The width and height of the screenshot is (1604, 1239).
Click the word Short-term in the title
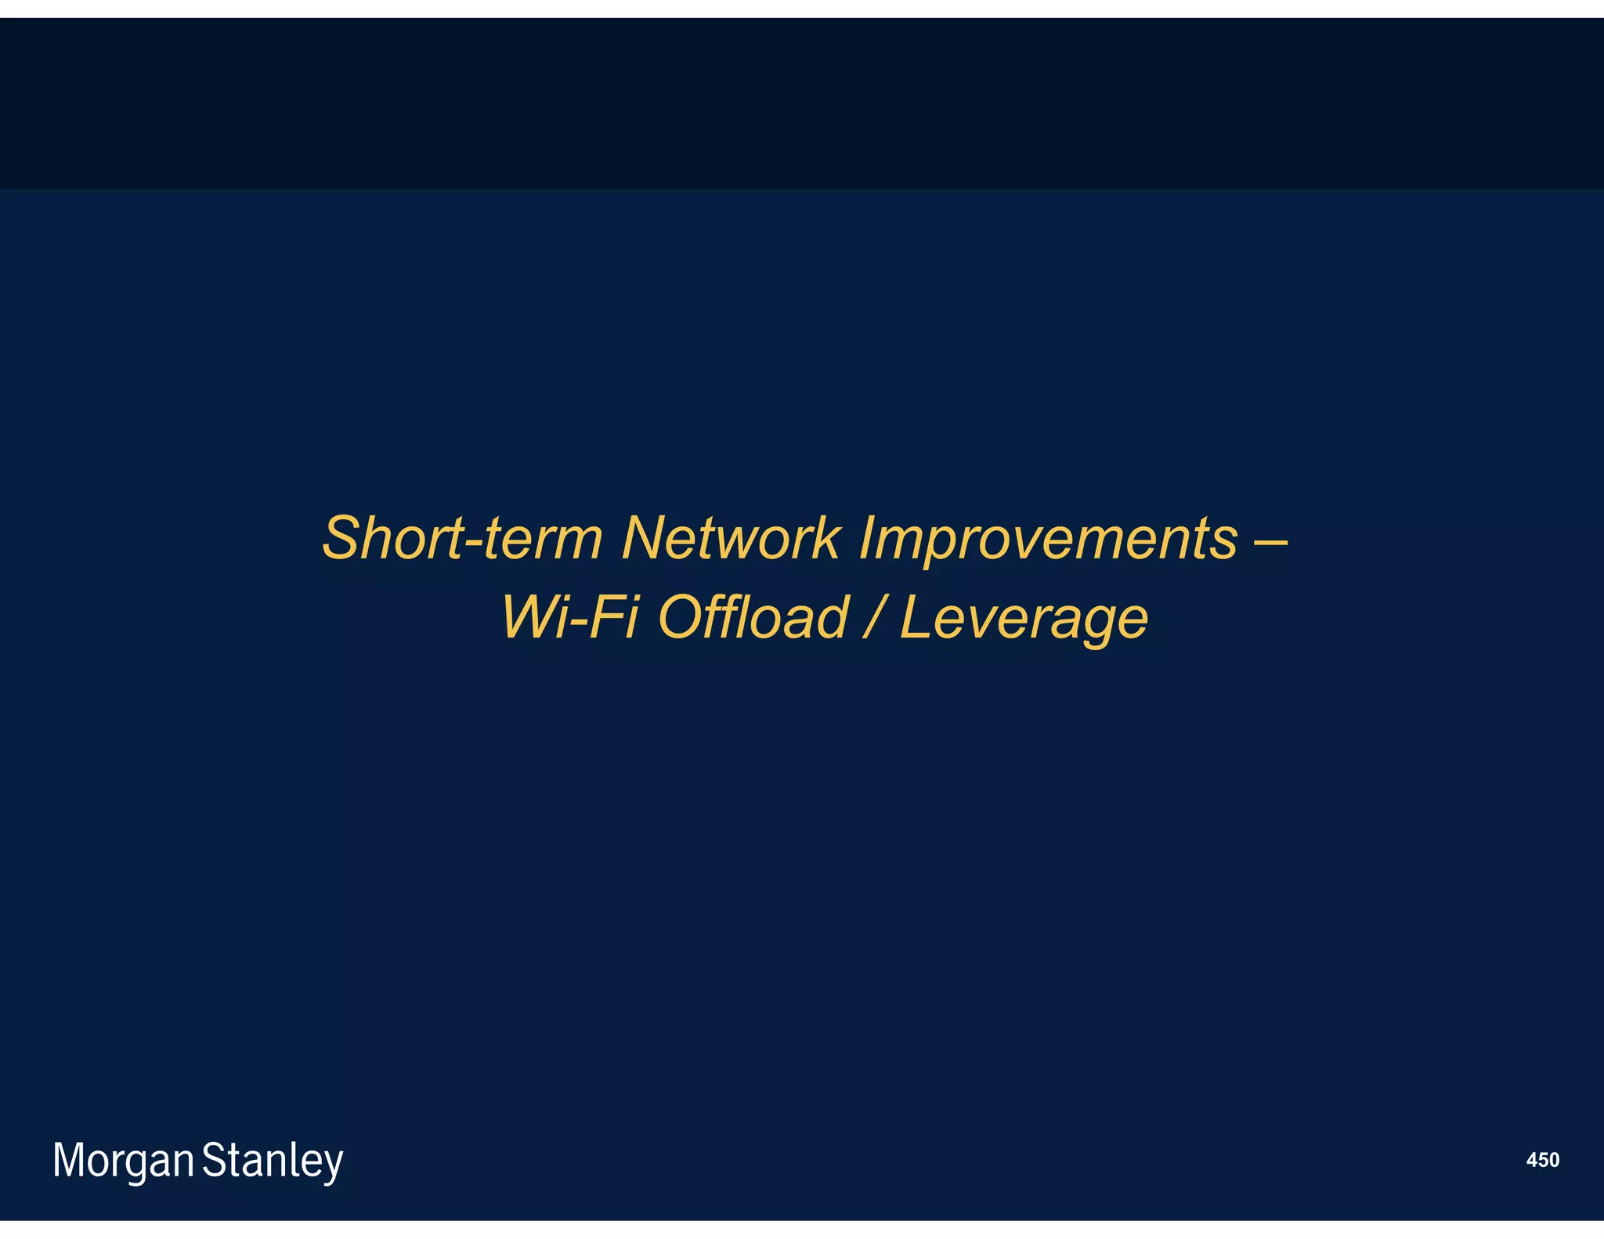coord(462,539)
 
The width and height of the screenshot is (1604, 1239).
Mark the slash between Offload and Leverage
coord(874,618)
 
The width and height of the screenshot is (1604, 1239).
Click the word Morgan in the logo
coord(123,1161)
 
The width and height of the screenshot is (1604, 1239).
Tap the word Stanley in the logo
coord(273,1161)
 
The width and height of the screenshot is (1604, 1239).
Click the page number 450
coord(1542,1160)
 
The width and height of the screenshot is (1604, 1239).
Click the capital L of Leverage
coord(916,618)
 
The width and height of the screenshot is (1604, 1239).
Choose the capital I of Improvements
coord(867,539)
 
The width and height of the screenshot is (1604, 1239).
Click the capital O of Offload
coord(681,618)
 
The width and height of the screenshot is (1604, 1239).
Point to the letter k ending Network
coord(827,539)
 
